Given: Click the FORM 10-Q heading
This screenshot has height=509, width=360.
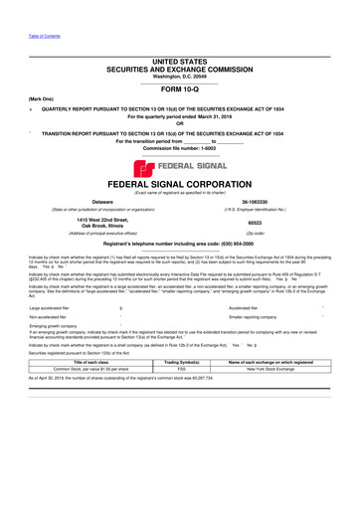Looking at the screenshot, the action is [180, 88].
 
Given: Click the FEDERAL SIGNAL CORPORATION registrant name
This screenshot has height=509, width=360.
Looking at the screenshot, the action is [180, 185].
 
